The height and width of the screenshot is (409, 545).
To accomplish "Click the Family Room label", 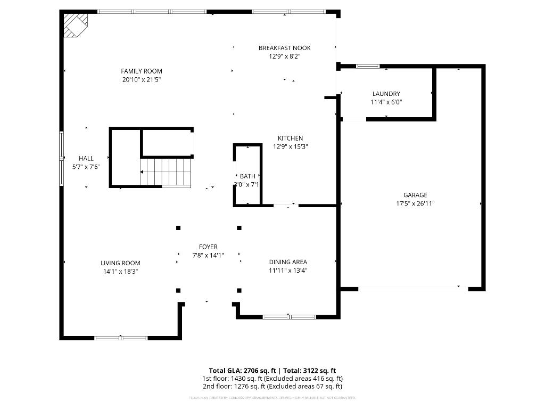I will pyautogui.click(x=141, y=71).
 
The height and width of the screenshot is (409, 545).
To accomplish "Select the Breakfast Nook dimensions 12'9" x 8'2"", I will pyautogui.click(x=284, y=56).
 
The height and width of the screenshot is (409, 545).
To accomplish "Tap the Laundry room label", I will pyautogui.click(x=386, y=94).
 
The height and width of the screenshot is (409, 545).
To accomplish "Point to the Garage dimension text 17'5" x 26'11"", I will pyautogui.click(x=415, y=203).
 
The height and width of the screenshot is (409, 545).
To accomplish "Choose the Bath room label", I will pyautogui.click(x=247, y=176).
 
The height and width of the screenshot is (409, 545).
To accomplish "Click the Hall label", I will pyautogui.click(x=86, y=158).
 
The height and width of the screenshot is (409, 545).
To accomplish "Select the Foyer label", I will pyautogui.click(x=208, y=247).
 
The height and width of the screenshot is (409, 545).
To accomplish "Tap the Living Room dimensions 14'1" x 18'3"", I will pyautogui.click(x=120, y=271).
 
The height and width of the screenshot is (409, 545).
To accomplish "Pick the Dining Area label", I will pyautogui.click(x=288, y=261).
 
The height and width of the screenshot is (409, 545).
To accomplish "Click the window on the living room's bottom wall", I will pyautogui.click(x=121, y=338).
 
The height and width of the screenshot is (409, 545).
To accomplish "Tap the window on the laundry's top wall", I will pyautogui.click(x=368, y=67).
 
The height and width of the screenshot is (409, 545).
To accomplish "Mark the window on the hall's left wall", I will pyautogui.click(x=61, y=158).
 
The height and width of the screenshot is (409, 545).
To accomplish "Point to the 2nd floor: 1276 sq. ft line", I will pyautogui.click(x=272, y=386).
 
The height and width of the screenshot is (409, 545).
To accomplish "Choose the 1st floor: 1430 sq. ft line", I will pyautogui.click(x=272, y=378).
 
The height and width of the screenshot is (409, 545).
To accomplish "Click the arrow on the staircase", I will pyautogui.click(x=142, y=172).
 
